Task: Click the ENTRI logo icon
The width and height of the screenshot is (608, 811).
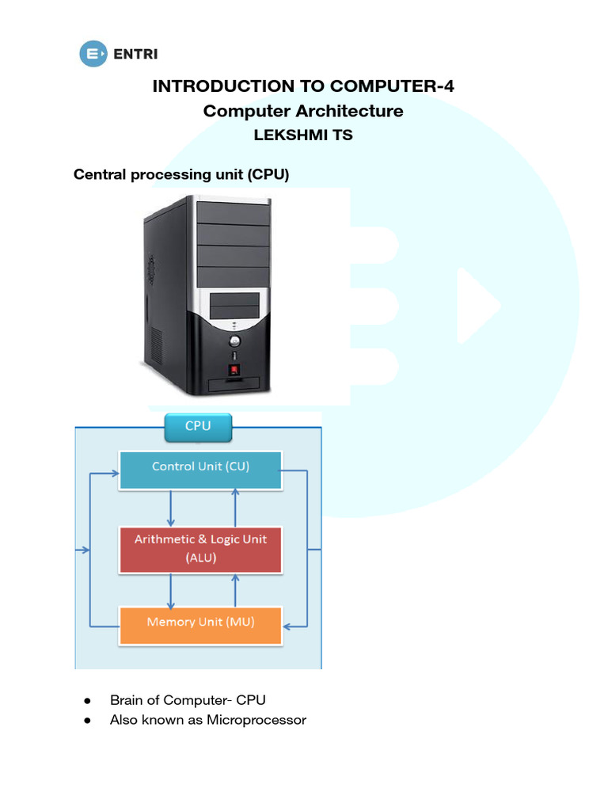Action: click(x=94, y=54)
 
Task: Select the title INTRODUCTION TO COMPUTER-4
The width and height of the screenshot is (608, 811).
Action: click(x=303, y=86)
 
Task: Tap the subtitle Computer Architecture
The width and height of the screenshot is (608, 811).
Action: click(x=303, y=111)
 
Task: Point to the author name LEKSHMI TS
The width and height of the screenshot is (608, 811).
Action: click(x=303, y=135)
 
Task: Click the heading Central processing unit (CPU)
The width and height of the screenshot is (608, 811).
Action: click(x=181, y=174)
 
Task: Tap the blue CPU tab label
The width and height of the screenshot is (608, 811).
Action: click(x=198, y=426)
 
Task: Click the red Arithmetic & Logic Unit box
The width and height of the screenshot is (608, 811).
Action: click(x=200, y=549)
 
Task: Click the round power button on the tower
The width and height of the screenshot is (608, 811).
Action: click(x=234, y=342)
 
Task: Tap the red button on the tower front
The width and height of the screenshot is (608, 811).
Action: click(x=234, y=369)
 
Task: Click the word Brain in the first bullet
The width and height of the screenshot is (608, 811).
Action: click(x=127, y=700)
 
